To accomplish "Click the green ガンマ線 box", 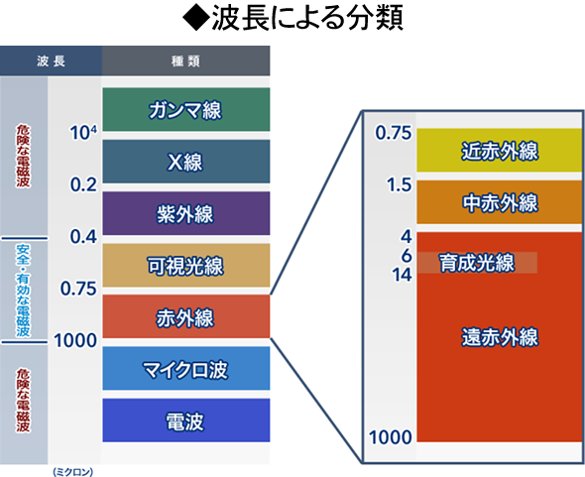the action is pyautogui.click(x=186, y=109).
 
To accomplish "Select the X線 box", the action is pyautogui.click(x=186, y=162).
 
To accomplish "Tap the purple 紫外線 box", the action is pyautogui.click(x=186, y=213).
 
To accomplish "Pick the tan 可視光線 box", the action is pyautogui.click(x=186, y=266).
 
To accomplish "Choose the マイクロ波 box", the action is pyautogui.click(x=186, y=368).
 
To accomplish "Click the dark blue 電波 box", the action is pyautogui.click(x=186, y=420).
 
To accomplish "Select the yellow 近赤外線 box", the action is pyautogui.click(x=500, y=150).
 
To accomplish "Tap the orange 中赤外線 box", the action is pyautogui.click(x=500, y=202).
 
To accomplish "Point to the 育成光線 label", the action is pyautogui.click(x=477, y=263).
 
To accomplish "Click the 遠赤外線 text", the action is pyautogui.click(x=500, y=337).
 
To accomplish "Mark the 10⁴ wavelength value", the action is pyautogui.click(x=83, y=132).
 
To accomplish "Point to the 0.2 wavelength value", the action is pyautogui.click(x=83, y=184).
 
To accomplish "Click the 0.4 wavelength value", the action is pyautogui.click(x=83, y=237).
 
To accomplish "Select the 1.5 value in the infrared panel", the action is pyautogui.click(x=399, y=184).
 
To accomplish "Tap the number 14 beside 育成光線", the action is pyautogui.click(x=402, y=275).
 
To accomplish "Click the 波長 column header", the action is pyautogui.click(x=52, y=60).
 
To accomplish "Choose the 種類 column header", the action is pyautogui.click(x=185, y=60).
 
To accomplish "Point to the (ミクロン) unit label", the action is pyautogui.click(x=72, y=472).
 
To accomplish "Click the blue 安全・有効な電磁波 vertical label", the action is pyautogui.click(x=23, y=291).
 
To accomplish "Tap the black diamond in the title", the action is pyautogui.click(x=195, y=18).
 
